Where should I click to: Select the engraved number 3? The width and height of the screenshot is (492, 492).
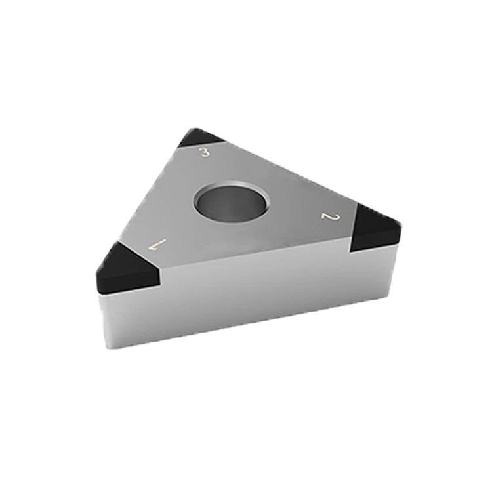[205, 152]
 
